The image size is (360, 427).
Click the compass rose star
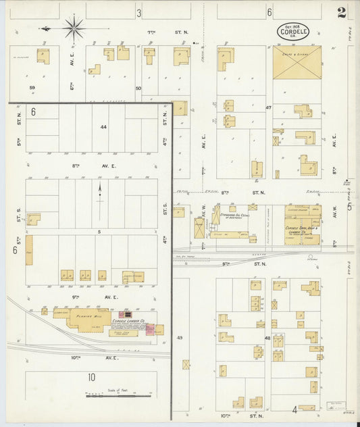[74, 28]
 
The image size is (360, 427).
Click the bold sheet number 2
[342, 11]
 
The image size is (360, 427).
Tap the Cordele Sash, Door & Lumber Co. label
[302, 230]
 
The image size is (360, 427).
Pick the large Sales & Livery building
[297, 64]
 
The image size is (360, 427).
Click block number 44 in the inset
[103, 127]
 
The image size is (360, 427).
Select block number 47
[268, 107]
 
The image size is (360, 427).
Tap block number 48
[267, 338]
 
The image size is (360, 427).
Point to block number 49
[180, 338]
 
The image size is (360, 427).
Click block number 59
[32, 88]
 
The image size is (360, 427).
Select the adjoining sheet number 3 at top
[138, 12]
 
